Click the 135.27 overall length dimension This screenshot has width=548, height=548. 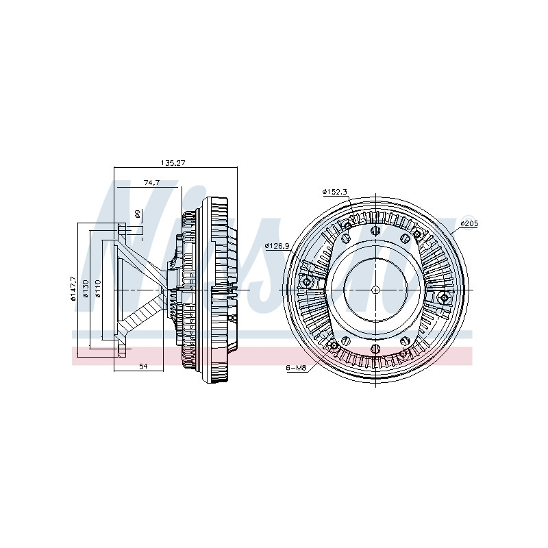pyautogui.click(x=173, y=163)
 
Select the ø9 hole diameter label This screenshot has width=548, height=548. pyautogui.click(x=138, y=214)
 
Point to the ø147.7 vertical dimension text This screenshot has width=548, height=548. pyautogui.click(x=73, y=289)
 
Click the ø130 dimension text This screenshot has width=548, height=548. pyautogui.click(x=86, y=289)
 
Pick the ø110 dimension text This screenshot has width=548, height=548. pyautogui.click(x=97, y=289)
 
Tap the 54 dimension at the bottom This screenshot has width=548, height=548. pyautogui.click(x=143, y=366)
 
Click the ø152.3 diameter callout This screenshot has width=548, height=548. pyautogui.click(x=334, y=192)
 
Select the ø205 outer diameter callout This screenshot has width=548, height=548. pyautogui.click(x=469, y=224)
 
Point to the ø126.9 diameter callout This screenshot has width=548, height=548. pyautogui.click(x=277, y=246)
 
